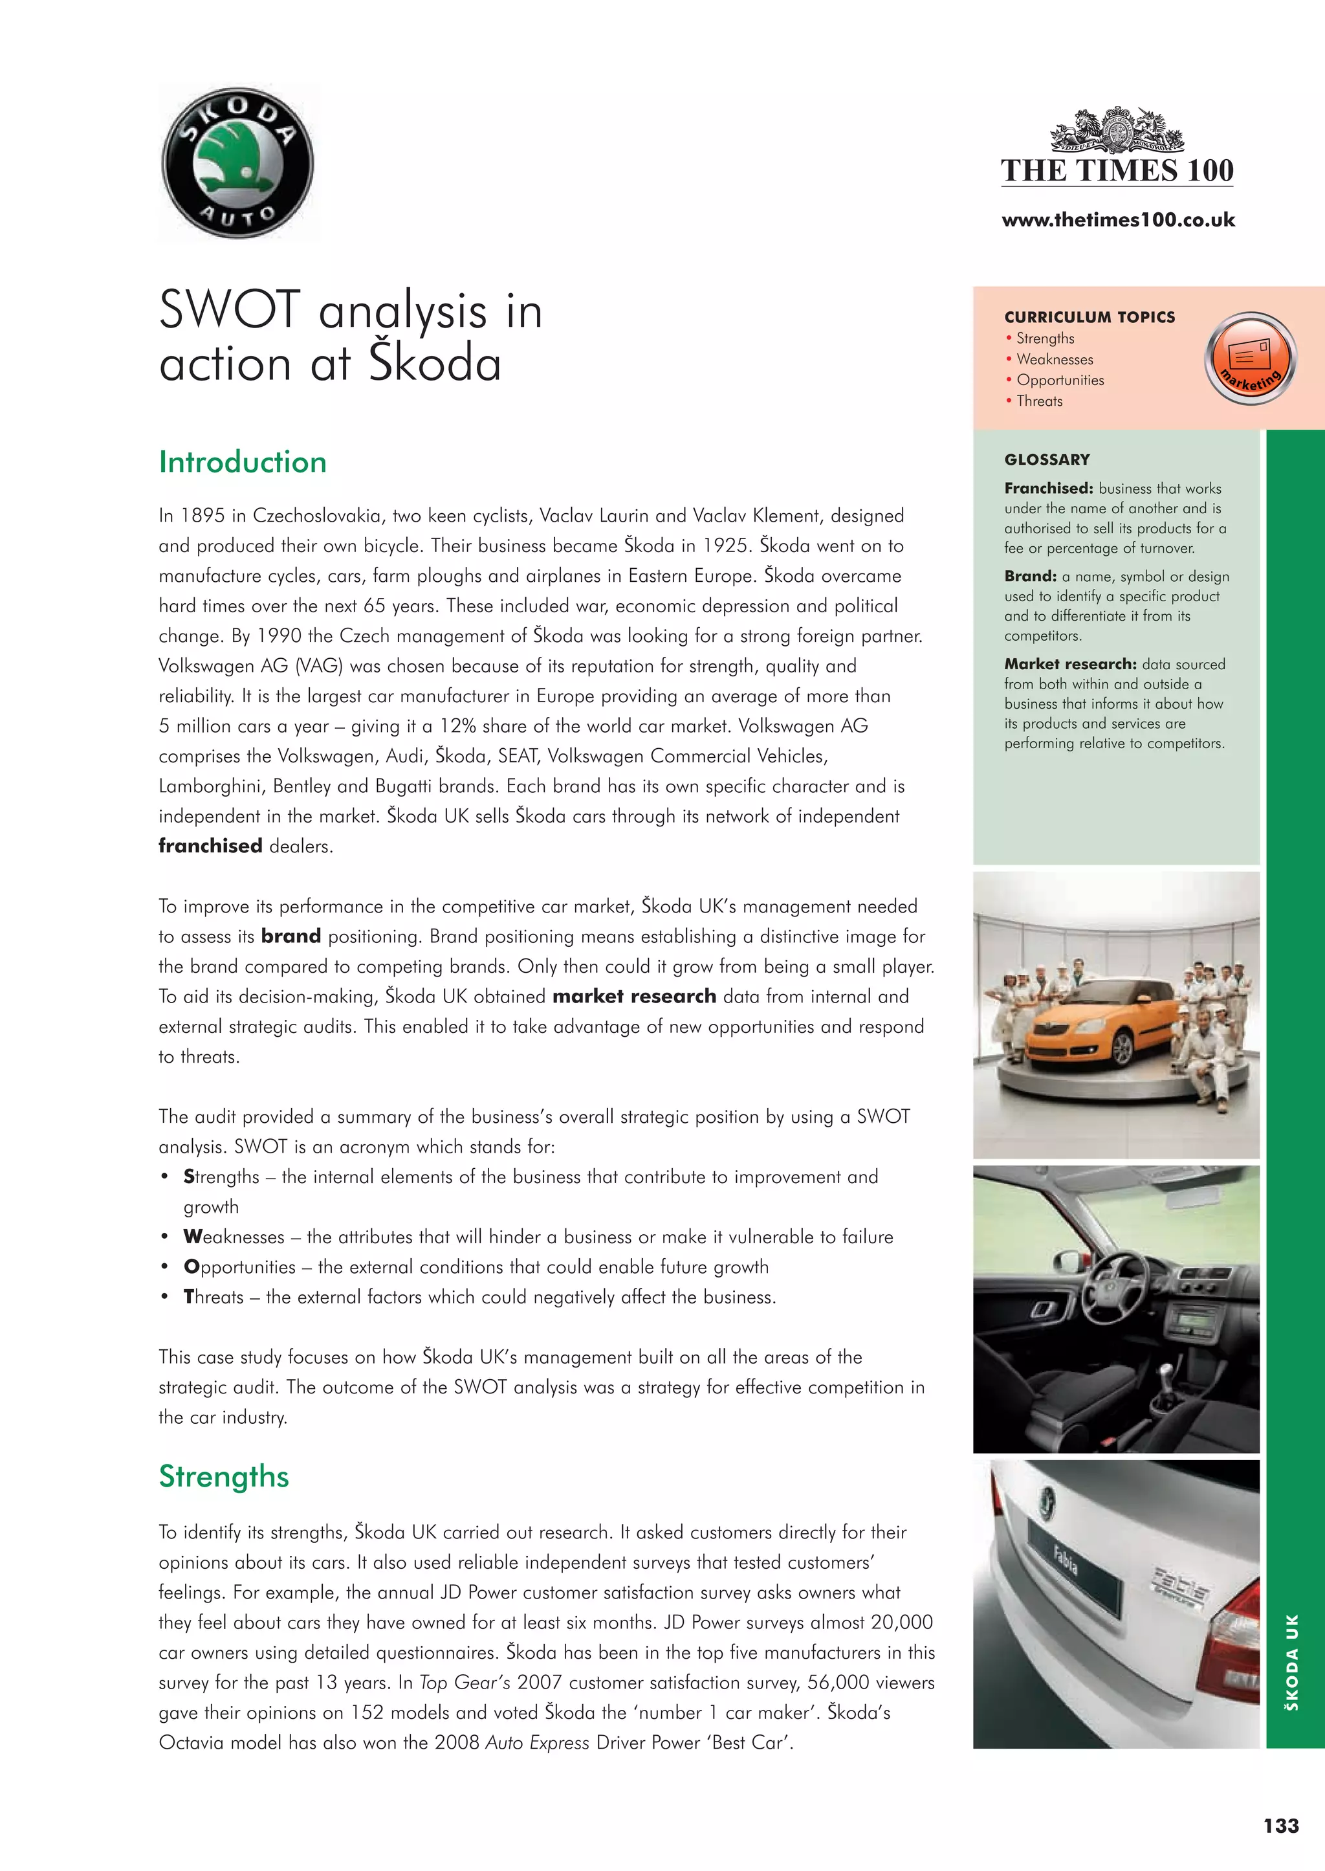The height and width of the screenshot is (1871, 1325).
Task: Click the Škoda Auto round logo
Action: pos(237,163)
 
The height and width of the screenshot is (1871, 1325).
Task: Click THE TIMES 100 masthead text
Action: pos(1117,171)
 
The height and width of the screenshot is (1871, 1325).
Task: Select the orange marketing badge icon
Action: pos(1249,358)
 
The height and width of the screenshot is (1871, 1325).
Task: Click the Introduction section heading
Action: pos(243,462)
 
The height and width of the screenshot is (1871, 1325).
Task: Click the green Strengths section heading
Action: pos(224,1476)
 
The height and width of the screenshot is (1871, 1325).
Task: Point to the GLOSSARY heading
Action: pos(1047,459)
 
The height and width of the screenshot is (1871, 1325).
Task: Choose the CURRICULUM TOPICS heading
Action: pos(1090,316)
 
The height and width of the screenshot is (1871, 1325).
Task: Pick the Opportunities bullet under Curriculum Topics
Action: pos(1060,381)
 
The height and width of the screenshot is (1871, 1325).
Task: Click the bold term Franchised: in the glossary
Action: pos(1048,488)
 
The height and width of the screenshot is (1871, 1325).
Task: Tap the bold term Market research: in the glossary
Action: pos(1069,664)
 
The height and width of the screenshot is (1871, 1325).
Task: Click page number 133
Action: pos(1281,1825)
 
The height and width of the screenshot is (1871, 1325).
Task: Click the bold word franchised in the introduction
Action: pos(210,846)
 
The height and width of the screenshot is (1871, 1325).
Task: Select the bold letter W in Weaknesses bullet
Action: pos(193,1237)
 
